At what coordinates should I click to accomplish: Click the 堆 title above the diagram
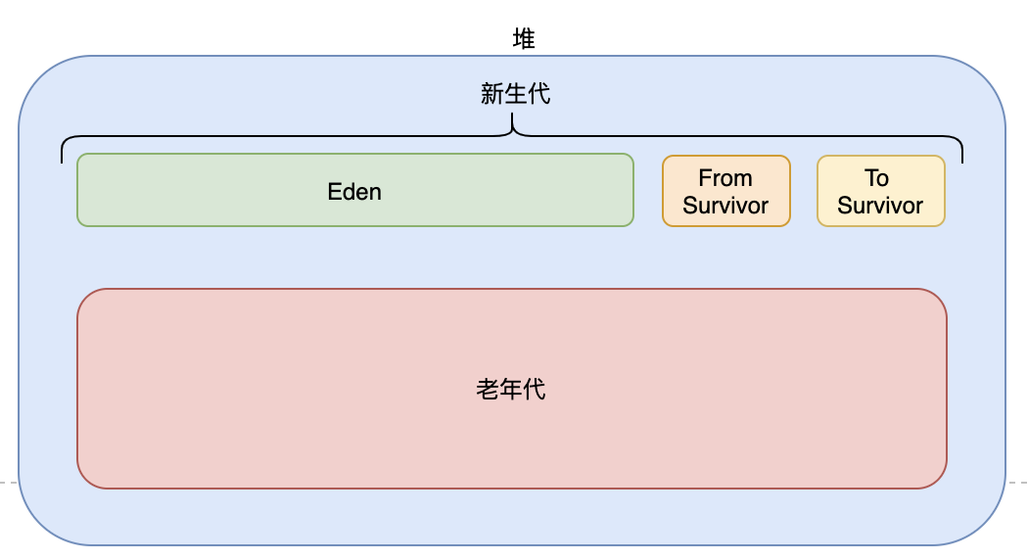tap(524, 38)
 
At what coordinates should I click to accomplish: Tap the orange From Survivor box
tap(725, 191)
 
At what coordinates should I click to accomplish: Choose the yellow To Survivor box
tap(880, 191)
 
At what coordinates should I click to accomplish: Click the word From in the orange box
tap(725, 178)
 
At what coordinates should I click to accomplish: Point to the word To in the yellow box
tap(876, 178)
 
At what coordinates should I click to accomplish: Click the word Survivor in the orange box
tap(725, 206)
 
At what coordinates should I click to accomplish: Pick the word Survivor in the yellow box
tap(880, 206)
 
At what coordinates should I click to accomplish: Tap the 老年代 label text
tap(511, 389)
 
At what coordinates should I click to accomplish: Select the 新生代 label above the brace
tap(515, 94)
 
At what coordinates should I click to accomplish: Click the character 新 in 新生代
tap(491, 94)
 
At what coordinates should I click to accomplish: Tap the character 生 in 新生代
tap(515, 94)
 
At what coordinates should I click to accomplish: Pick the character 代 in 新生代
tap(538, 94)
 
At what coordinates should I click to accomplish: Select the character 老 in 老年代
tap(488, 389)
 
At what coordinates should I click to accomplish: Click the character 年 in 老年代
tap(511, 389)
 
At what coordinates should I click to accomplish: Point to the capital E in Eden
tap(334, 191)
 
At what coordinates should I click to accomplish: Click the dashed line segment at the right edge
tap(1017, 483)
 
